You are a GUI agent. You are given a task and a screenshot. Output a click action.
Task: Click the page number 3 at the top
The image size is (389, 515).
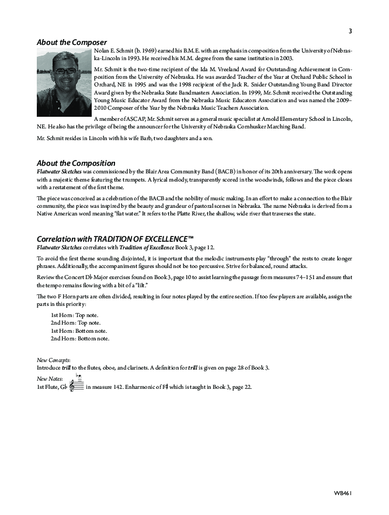click(x=350, y=32)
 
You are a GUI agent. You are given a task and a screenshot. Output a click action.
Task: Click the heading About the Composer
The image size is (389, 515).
click(x=72, y=42)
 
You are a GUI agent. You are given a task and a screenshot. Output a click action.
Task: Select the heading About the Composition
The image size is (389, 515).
click(x=76, y=163)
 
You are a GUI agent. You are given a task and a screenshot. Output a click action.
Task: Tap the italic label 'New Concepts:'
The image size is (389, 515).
click(x=53, y=360)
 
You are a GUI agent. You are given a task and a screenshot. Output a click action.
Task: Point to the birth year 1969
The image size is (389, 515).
click(x=150, y=51)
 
